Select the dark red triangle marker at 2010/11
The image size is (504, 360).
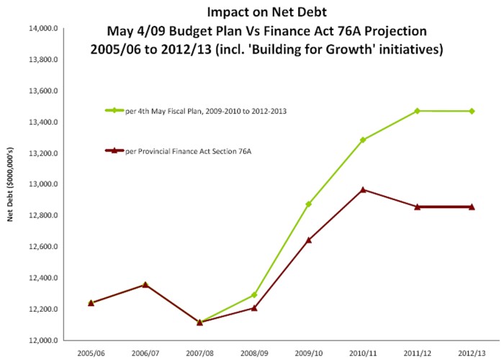(363, 189)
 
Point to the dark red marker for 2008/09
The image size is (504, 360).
(254, 308)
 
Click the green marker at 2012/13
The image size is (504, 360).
(472, 111)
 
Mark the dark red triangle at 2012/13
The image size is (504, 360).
(472, 207)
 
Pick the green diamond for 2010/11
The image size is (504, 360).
(363, 140)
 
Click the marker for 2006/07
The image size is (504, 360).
(145, 284)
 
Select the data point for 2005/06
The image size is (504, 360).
(91, 302)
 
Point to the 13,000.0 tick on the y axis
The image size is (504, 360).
(42, 184)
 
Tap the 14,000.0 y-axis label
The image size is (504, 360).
(42, 29)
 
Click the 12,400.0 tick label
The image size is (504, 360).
(42, 278)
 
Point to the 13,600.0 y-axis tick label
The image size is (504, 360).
(42, 91)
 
